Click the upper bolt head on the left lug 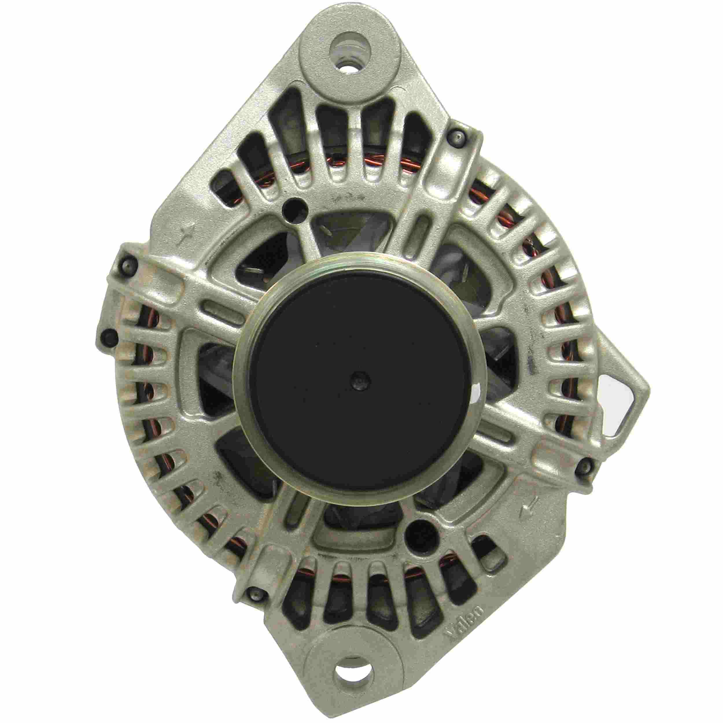pos(126,265)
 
